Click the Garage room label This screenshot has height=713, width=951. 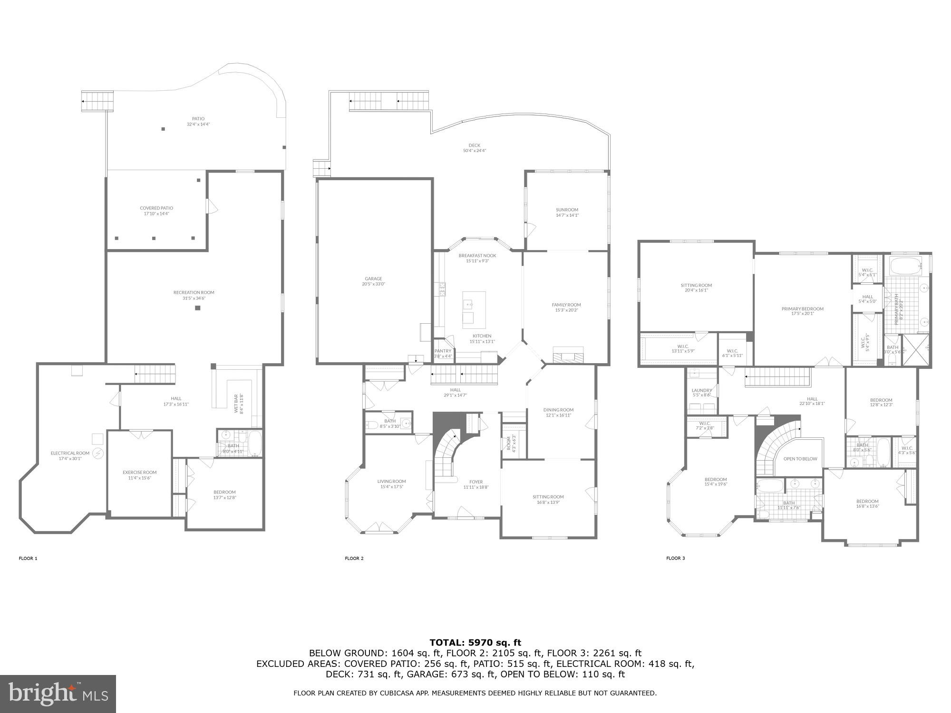click(x=373, y=279)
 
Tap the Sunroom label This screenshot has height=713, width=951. click(x=567, y=210)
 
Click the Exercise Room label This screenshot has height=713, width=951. click(x=139, y=472)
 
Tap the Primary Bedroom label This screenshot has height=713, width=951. click(x=802, y=309)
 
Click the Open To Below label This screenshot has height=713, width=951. click(x=800, y=459)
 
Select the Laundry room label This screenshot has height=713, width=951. click(x=701, y=391)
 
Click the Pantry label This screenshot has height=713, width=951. click(x=443, y=351)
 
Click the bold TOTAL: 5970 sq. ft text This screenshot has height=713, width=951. click(x=475, y=643)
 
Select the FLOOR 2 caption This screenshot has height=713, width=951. click(x=354, y=559)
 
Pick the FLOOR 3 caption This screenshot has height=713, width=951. click(x=675, y=559)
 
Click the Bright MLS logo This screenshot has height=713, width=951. click(x=58, y=694)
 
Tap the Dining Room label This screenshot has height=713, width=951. click(x=558, y=410)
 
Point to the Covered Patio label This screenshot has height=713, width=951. click(x=156, y=208)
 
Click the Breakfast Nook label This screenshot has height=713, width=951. click(x=477, y=256)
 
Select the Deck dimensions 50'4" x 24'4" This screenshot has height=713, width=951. click(x=474, y=151)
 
